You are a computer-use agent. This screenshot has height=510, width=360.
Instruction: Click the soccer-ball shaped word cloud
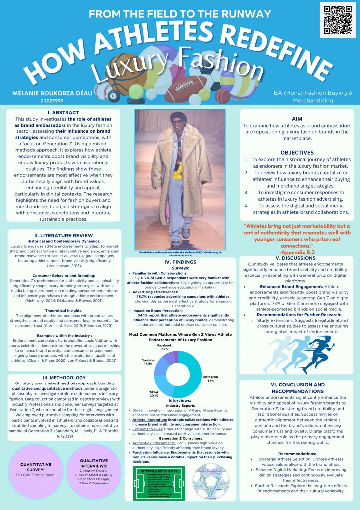(x=204, y=486)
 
